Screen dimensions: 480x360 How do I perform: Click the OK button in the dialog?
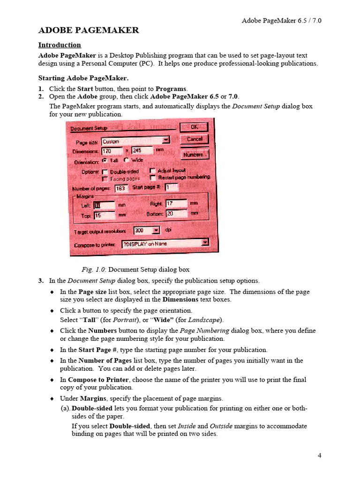(x=194, y=127)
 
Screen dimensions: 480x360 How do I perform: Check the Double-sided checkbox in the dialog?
(x=105, y=172)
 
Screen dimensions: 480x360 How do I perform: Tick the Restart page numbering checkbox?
(x=152, y=177)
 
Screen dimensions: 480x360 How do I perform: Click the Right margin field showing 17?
(x=176, y=204)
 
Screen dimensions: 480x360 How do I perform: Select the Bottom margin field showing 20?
(x=176, y=214)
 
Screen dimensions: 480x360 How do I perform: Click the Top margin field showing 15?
(x=104, y=215)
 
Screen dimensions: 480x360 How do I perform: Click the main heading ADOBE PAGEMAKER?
(x=88, y=30)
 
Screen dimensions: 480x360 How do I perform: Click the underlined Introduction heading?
(x=60, y=45)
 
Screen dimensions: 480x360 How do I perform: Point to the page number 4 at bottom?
(x=319, y=456)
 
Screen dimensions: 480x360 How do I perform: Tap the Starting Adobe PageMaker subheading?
(x=83, y=78)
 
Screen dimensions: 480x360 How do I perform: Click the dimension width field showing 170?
(x=112, y=150)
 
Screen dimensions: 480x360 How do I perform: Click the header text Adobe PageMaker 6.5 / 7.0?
(x=281, y=21)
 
